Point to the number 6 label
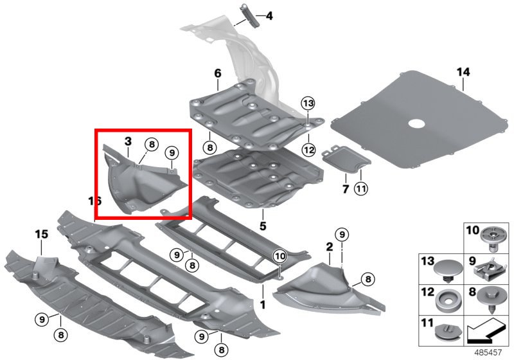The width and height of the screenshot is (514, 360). point(217,73)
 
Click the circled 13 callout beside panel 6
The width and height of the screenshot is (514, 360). point(308,104)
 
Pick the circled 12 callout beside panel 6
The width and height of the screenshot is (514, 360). point(308,150)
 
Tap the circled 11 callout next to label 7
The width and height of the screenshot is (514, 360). point(360,189)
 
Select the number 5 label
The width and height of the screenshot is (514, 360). point(262,226)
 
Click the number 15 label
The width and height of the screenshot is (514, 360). point(41,235)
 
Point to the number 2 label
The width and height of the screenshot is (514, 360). point(329,247)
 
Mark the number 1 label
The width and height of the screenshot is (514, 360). point(262,301)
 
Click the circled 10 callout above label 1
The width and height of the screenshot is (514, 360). point(279,255)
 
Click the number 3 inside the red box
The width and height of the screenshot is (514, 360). point(128,141)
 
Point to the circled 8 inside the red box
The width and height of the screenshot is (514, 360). point(150,144)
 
